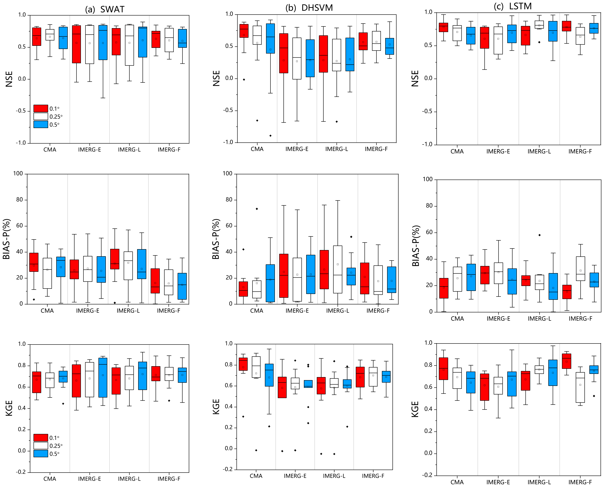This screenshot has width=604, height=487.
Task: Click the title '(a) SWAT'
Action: click(105, 9)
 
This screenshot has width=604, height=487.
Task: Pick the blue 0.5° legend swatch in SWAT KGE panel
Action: click(41, 454)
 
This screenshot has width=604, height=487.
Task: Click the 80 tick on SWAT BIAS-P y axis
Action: click(19, 200)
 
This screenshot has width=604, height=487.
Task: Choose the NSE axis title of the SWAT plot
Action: click(9, 79)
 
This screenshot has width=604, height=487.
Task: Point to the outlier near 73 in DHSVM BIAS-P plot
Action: click(257, 209)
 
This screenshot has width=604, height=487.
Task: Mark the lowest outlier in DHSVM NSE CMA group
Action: click(270, 136)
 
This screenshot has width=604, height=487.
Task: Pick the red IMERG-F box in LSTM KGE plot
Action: click(566, 361)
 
